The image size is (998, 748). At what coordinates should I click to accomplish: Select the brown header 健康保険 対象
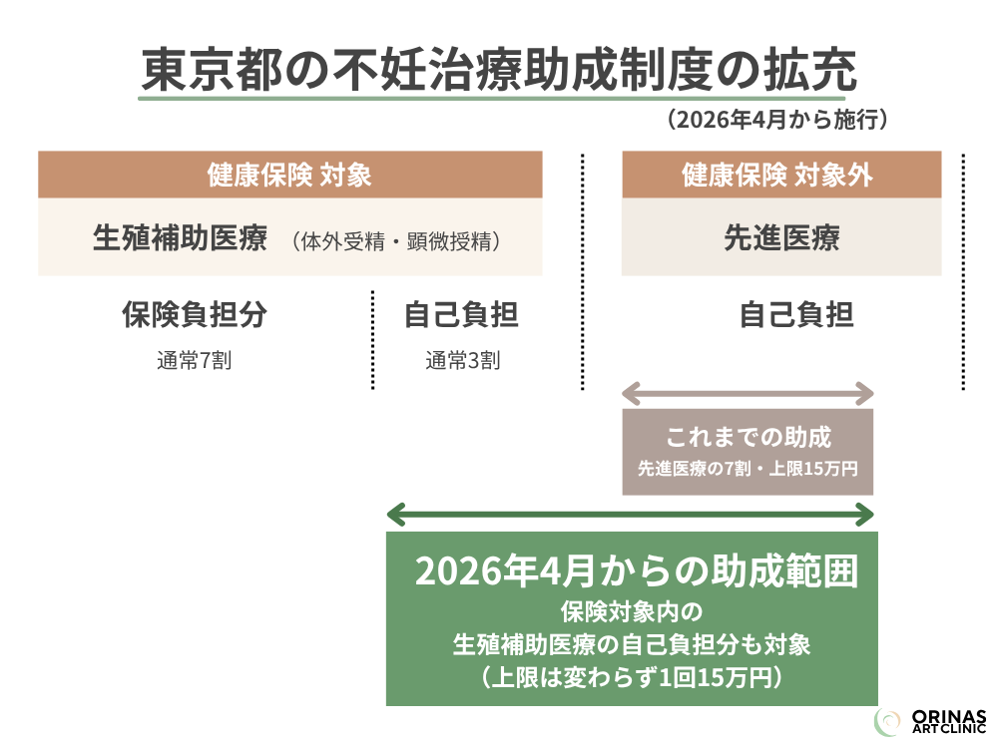coord(289,175)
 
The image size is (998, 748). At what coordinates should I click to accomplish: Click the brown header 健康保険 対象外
coord(780,175)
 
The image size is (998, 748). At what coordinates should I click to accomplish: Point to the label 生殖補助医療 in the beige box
coord(180,238)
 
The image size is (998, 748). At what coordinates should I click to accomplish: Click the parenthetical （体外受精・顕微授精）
coord(395,241)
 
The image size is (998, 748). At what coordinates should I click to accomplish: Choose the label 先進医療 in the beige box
coord(781,238)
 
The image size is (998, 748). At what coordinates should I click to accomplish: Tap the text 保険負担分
coord(195,315)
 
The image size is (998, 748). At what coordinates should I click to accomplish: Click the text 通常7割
coord(194,361)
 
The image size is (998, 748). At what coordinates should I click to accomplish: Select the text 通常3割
coord(462,361)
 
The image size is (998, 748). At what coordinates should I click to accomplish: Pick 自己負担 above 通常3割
coord(461,315)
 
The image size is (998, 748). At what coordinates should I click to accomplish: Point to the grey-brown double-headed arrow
coord(748,394)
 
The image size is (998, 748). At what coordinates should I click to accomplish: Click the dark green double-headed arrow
coord(631,515)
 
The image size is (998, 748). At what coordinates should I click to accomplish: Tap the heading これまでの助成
coord(748,438)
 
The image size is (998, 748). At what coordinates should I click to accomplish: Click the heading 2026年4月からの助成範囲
coord(636,571)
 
